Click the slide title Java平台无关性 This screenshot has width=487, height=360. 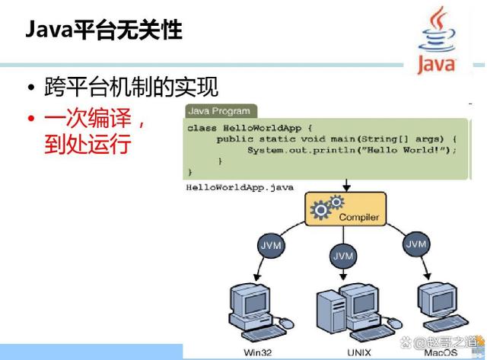pyautogui.click(x=103, y=30)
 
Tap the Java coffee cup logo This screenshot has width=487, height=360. pyautogui.click(x=437, y=40)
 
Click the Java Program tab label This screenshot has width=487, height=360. pyautogui.click(x=219, y=111)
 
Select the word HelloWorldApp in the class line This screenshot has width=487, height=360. pyautogui.click(x=262, y=128)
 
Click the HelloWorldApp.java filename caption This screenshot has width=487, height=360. pyautogui.click(x=240, y=187)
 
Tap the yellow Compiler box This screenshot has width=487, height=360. pyautogui.click(x=345, y=209)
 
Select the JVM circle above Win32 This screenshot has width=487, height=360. pyautogui.click(x=271, y=245)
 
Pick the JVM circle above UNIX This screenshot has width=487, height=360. pyautogui.click(x=343, y=256)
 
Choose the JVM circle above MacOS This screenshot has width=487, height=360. pyautogui.click(x=416, y=244)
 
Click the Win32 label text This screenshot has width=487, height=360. pyautogui.click(x=258, y=352)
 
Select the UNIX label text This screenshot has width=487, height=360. pyautogui.click(x=359, y=352)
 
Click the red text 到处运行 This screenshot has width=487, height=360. pyautogui.click(x=88, y=144)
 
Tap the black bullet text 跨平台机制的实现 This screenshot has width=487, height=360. pyautogui.click(x=131, y=87)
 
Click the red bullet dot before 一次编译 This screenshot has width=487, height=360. pyautogui.click(x=30, y=119)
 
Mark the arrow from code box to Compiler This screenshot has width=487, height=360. pyautogui.click(x=347, y=186)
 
